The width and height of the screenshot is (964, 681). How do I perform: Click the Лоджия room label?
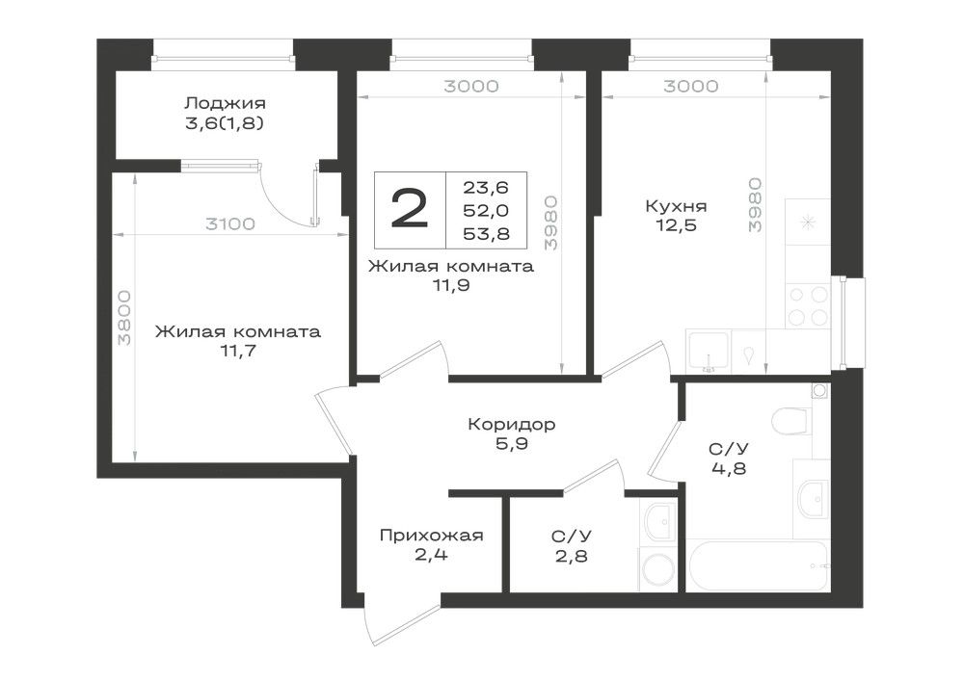click(x=225, y=103)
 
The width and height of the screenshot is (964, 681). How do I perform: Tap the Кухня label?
click(x=676, y=206)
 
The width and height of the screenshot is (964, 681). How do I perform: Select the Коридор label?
click(x=512, y=425)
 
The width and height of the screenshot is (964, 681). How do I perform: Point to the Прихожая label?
click(x=432, y=536)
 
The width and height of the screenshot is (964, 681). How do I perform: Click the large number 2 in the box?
click(x=410, y=209)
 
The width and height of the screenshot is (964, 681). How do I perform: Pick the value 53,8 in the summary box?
click(x=486, y=234)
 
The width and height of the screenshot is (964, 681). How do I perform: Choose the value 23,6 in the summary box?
click(x=486, y=187)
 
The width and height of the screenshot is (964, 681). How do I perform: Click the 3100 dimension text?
click(x=230, y=224)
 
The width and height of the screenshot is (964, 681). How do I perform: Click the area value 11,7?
click(x=238, y=352)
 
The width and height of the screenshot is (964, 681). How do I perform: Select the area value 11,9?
click(x=451, y=285)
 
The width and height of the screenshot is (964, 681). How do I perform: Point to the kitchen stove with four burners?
click(x=808, y=305)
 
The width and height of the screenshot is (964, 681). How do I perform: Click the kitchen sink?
click(x=709, y=352)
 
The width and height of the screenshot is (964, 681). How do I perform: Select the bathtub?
click(x=758, y=565)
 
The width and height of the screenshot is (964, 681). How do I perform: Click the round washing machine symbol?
click(x=657, y=570)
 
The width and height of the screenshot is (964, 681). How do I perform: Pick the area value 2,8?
click(x=572, y=557)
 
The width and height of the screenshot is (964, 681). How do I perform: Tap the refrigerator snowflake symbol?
click(x=808, y=223)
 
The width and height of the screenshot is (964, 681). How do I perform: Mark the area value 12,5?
click(x=676, y=226)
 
